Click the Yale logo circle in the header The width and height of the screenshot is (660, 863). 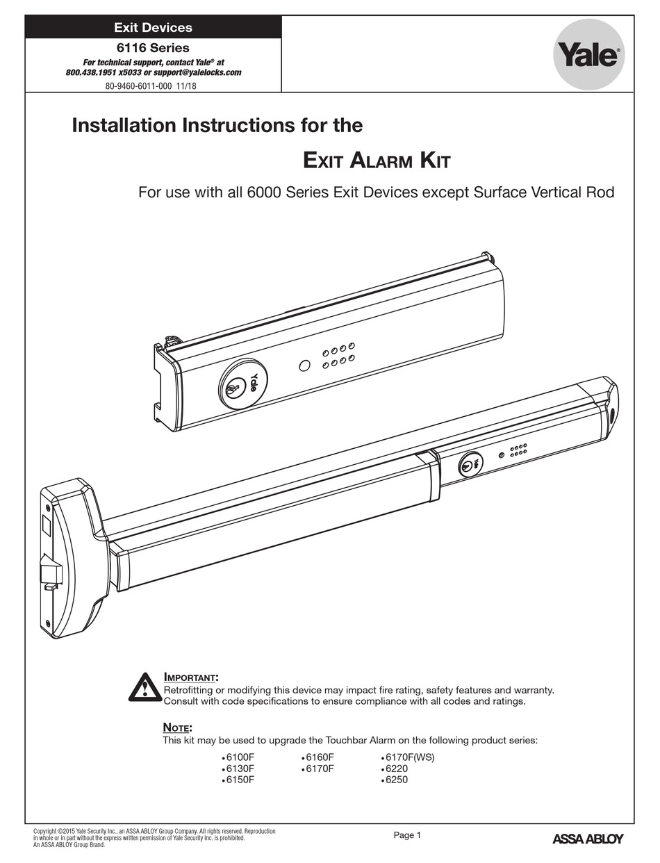pyautogui.click(x=588, y=56)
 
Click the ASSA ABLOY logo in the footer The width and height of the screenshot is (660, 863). pyautogui.click(x=588, y=838)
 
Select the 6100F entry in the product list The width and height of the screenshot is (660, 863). pyautogui.click(x=240, y=757)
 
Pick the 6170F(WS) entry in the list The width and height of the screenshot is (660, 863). pyautogui.click(x=409, y=757)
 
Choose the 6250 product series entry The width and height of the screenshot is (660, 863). pyautogui.click(x=395, y=780)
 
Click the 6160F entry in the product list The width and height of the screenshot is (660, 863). pyautogui.click(x=320, y=757)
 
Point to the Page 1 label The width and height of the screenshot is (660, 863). pyautogui.click(x=407, y=835)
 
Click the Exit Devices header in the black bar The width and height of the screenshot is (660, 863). pyautogui.click(x=153, y=28)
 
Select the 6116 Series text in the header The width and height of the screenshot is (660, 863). pyautogui.click(x=153, y=48)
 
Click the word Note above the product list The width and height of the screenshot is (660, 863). pyautogui.click(x=176, y=728)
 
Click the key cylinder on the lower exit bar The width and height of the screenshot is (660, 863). pyautogui.click(x=470, y=464)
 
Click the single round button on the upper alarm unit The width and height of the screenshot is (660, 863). pyautogui.click(x=304, y=365)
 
